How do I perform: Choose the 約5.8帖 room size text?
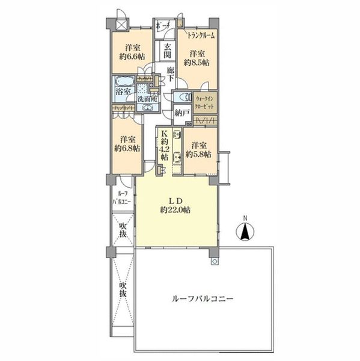point(198,154)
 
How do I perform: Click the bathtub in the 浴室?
point(121,83)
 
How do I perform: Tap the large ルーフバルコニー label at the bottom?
point(203,298)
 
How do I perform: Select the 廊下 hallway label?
point(170,74)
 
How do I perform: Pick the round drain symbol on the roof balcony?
point(213,263)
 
